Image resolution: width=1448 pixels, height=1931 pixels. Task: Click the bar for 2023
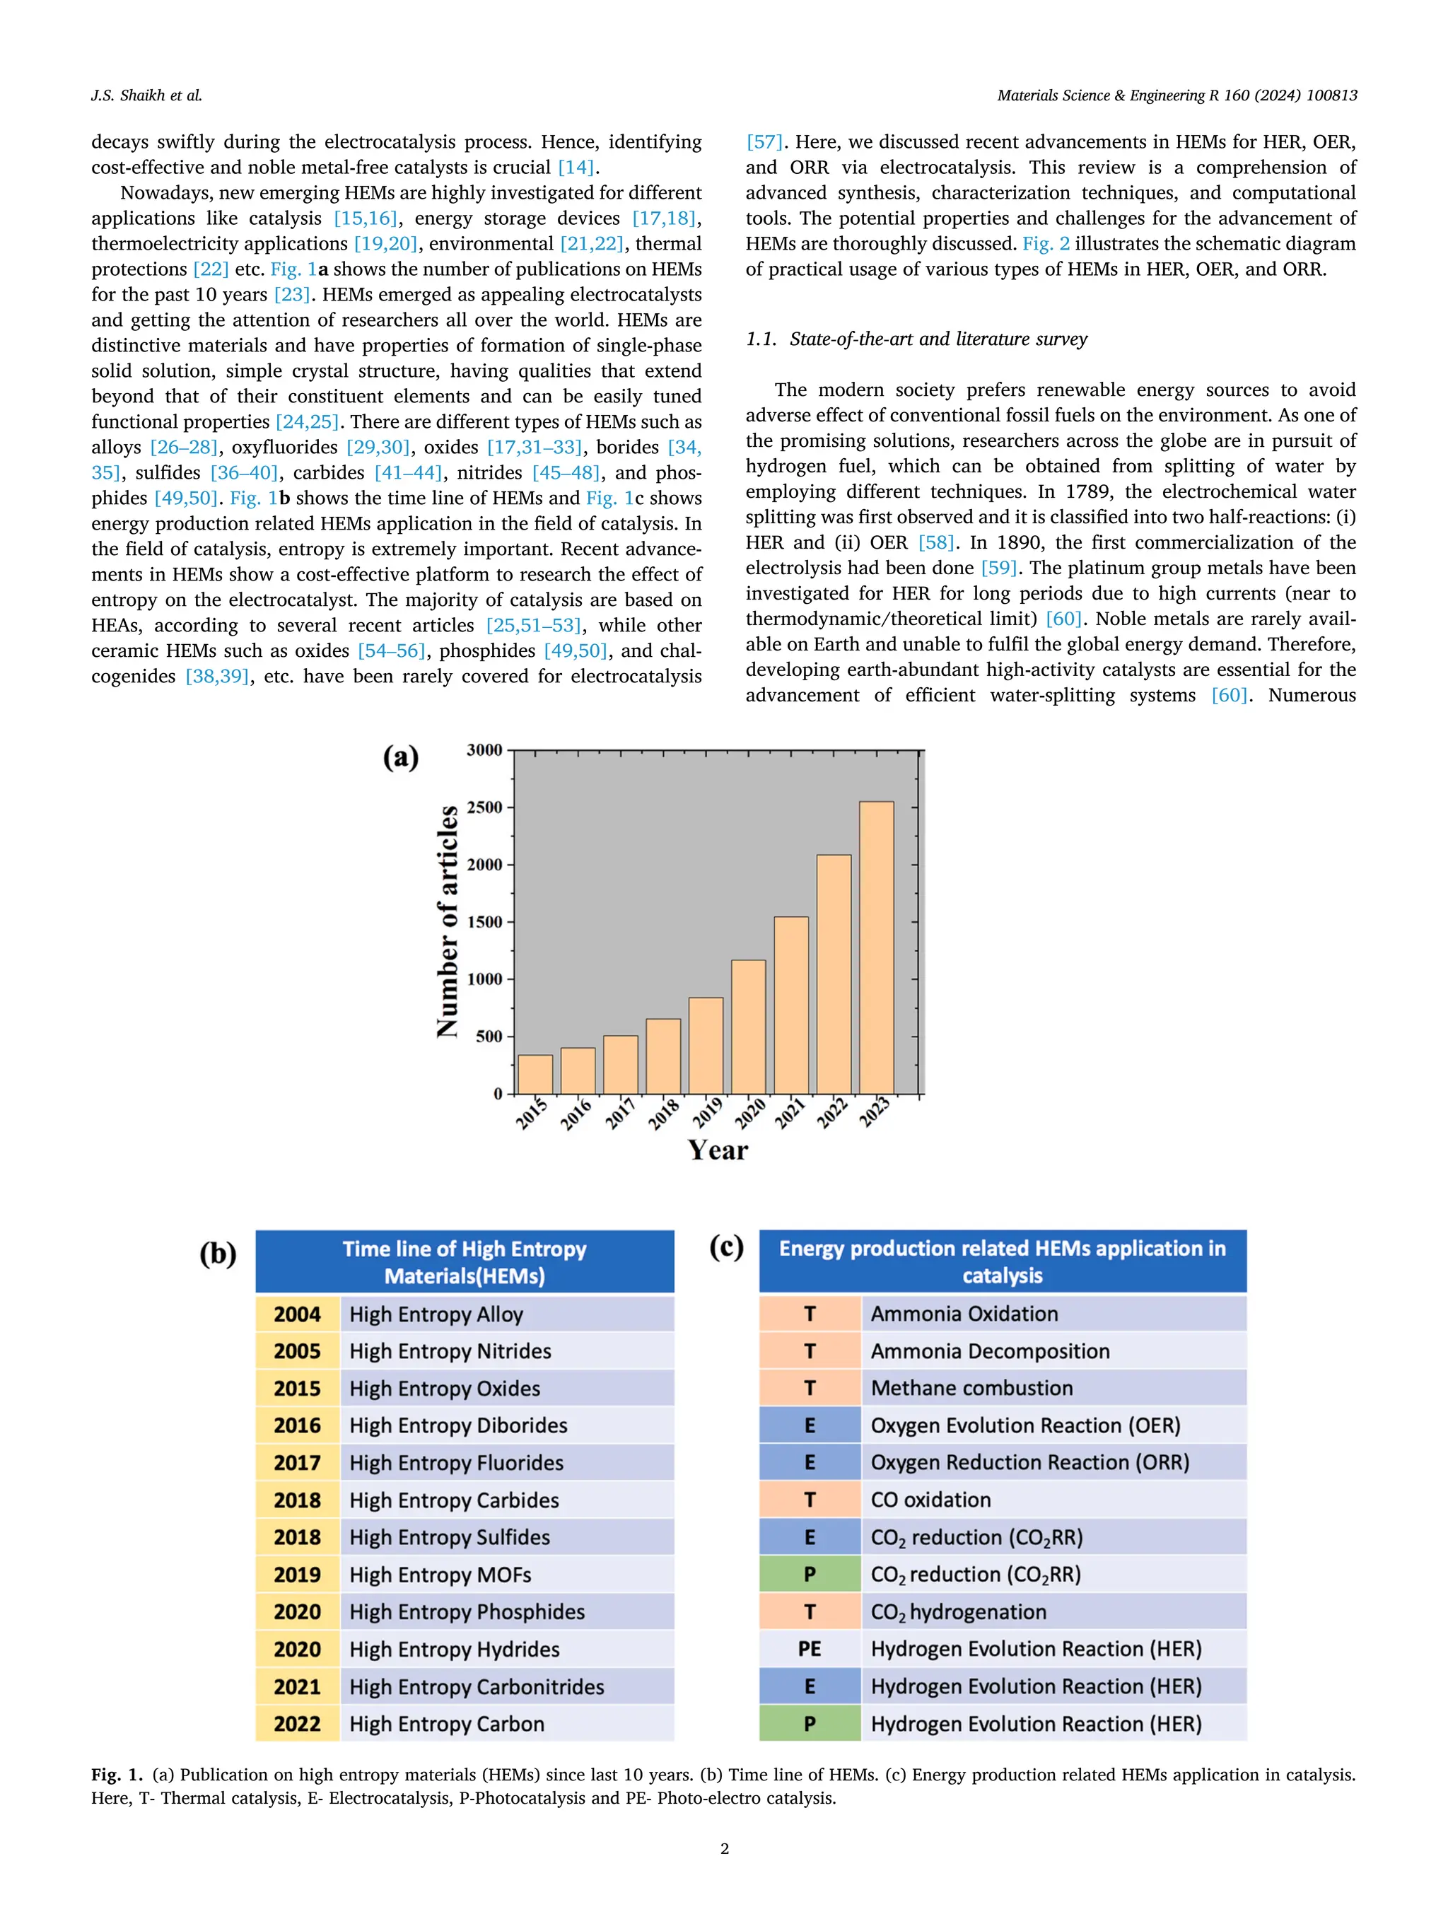click(875, 947)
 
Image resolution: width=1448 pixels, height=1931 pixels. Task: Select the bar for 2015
click(535, 1074)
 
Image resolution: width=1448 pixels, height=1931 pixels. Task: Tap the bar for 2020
click(748, 1027)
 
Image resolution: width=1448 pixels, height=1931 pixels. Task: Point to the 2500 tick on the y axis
click(484, 807)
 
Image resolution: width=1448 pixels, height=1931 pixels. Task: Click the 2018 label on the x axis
click(663, 1114)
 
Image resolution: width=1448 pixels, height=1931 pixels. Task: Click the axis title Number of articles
click(447, 921)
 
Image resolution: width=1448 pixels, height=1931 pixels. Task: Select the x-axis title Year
click(718, 1150)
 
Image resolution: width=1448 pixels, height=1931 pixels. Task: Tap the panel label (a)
click(401, 756)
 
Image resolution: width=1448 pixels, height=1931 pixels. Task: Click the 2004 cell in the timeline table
click(297, 1314)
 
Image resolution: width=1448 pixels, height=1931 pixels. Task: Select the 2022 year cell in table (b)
click(297, 1724)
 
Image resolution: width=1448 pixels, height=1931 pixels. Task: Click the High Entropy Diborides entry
click(458, 1425)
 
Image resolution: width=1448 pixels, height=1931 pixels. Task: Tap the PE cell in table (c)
click(809, 1649)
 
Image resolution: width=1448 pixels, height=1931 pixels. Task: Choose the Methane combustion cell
click(971, 1388)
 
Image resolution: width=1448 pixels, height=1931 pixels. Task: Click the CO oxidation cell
click(930, 1500)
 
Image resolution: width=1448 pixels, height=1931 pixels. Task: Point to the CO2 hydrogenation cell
click(958, 1612)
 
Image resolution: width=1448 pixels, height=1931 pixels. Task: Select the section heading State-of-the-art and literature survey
click(916, 339)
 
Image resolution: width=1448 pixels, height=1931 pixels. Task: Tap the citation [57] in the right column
click(764, 142)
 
